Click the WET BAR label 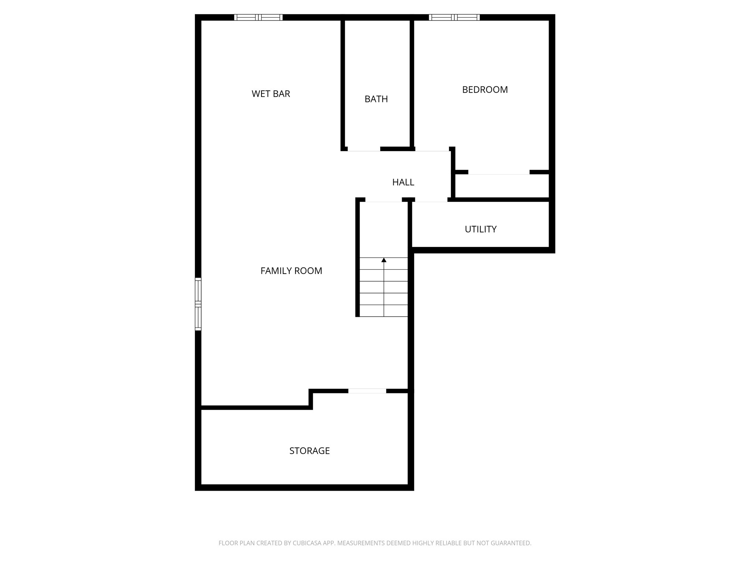pyautogui.click(x=271, y=94)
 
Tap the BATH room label pyautogui.click(x=376, y=99)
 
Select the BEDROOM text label pyautogui.click(x=485, y=90)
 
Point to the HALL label pyautogui.click(x=403, y=183)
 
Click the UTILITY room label pyautogui.click(x=480, y=229)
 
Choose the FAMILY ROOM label pyautogui.click(x=291, y=271)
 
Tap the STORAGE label pyautogui.click(x=309, y=451)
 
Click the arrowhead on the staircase pyautogui.click(x=384, y=260)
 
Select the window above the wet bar pyautogui.click(x=258, y=17)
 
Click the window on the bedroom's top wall pyautogui.click(x=454, y=17)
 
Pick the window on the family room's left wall pyautogui.click(x=198, y=304)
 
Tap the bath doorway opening pyautogui.click(x=364, y=149)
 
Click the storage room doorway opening pyautogui.click(x=367, y=391)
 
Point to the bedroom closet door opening pyautogui.click(x=499, y=172)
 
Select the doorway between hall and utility pyautogui.click(x=431, y=200)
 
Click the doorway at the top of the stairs pyautogui.click(x=383, y=200)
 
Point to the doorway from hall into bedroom pyautogui.click(x=432, y=149)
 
